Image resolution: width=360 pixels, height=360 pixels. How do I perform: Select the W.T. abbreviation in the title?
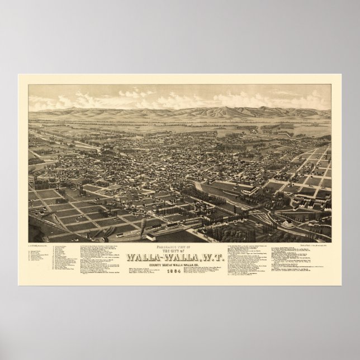tap(212, 241)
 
